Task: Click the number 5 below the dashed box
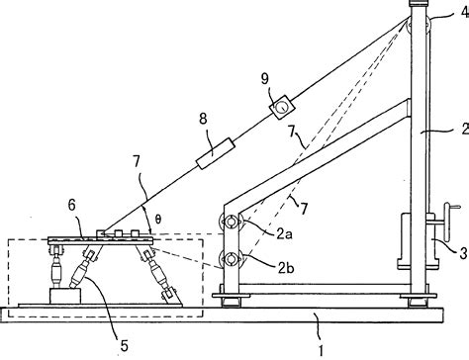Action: pos(124,345)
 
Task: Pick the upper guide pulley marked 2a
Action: pos(233,223)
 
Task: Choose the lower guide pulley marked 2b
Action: pos(233,261)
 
